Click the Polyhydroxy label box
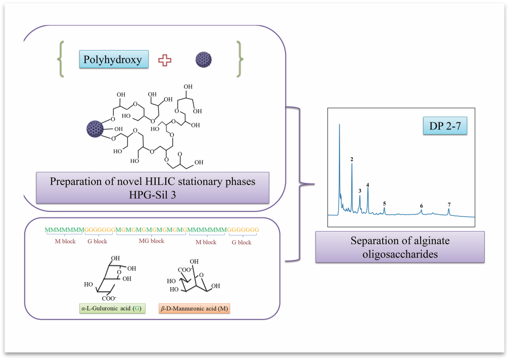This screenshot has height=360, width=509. point(114,59)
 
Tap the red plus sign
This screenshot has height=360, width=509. point(165,61)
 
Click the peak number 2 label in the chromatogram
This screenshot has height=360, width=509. point(351,159)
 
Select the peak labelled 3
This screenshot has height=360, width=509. point(359,191)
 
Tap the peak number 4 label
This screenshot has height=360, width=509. point(368,185)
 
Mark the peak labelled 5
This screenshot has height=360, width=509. point(384,203)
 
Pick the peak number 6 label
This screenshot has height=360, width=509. point(421,206)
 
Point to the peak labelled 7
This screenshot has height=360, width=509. point(449,204)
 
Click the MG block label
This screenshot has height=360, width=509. point(152,241)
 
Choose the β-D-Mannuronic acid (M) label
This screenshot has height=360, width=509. point(194,308)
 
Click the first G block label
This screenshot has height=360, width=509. point(97,242)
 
